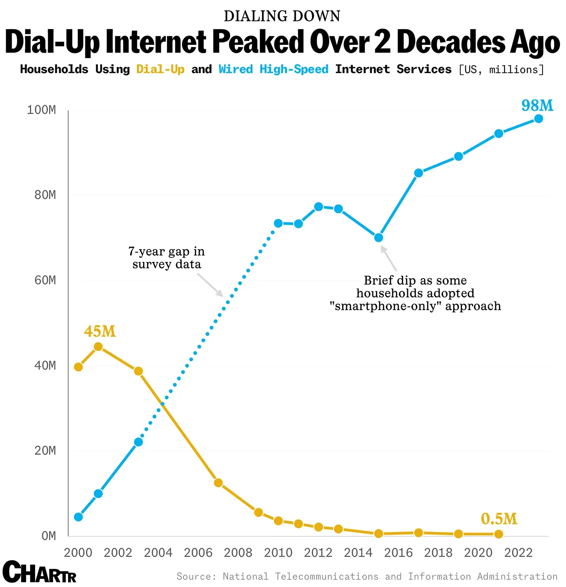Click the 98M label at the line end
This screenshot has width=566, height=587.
point(537,106)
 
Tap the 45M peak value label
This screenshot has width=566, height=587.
point(99,332)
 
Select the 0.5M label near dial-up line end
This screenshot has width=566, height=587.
point(499,519)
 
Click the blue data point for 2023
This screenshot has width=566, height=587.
point(539,119)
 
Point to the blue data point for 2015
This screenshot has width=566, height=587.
point(378,238)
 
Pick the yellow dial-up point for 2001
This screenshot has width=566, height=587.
point(98,347)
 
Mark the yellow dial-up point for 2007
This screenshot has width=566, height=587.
point(218,483)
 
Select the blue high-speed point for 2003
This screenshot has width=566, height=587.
point(138,442)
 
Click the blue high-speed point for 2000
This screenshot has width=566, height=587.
point(78,517)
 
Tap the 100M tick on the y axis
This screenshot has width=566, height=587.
point(41,110)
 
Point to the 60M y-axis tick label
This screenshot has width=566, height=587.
point(45,280)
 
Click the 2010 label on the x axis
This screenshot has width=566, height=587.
point(278,553)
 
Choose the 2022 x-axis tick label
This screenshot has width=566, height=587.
point(518,553)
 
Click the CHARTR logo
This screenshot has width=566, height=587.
point(39,572)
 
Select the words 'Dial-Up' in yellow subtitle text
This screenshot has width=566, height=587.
point(161,70)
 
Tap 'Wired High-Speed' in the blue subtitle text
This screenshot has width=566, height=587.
point(274,70)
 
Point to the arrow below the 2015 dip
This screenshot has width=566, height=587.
point(389,258)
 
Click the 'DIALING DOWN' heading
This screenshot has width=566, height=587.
point(282,16)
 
